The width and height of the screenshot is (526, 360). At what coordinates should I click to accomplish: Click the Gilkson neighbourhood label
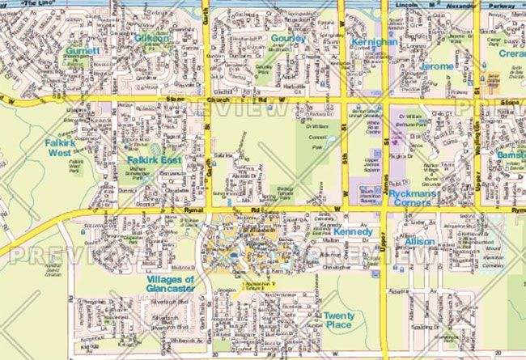click(x=153, y=38)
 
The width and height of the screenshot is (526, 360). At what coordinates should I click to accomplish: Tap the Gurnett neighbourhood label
click(x=83, y=51)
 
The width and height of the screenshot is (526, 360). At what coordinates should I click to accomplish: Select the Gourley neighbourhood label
click(x=288, y=38)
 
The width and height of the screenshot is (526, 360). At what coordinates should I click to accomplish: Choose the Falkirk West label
click(x=60, y=148)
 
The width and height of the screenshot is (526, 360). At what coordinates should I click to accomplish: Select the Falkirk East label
click(x=153, y=160)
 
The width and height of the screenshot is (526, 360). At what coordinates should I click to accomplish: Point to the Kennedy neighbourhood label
click(x=353, y=232)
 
